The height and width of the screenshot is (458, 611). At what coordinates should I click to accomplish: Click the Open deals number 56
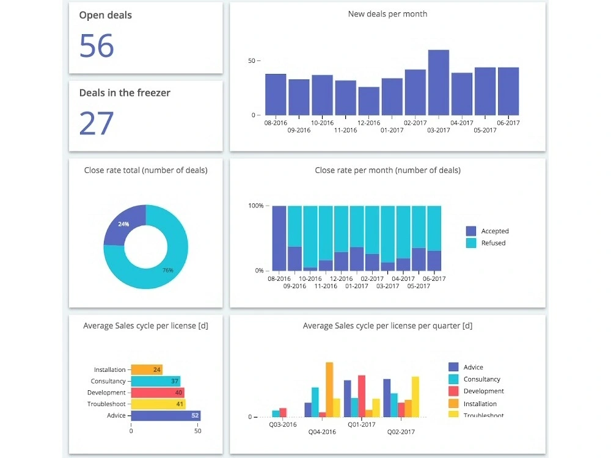click(97, 46)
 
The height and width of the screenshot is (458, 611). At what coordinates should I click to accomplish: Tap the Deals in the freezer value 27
click(97, 123)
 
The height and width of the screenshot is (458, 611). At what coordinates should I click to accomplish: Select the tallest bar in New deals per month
click(439, 82)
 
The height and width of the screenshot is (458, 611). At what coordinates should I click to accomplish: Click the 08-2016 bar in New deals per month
click(276, 95)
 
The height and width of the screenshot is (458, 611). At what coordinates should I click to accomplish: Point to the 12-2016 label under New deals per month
click(368, 123)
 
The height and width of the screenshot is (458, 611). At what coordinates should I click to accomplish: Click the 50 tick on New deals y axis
click(252, 61)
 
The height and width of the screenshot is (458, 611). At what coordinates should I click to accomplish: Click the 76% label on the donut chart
click(167, 270)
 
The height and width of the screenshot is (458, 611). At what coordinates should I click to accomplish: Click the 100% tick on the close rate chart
click(255, 206)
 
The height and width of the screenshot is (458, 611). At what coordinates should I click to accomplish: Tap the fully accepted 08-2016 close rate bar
click(279, 238)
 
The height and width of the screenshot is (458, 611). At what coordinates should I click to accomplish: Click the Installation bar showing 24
click(147, 369)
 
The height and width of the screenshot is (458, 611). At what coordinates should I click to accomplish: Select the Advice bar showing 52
click(166, 415)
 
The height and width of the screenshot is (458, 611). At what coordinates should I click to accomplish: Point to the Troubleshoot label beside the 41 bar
click(106, 404)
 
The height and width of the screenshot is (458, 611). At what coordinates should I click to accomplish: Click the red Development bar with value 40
click(158, 393)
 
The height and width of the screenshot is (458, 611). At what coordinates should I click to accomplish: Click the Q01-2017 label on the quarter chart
click(361, 424)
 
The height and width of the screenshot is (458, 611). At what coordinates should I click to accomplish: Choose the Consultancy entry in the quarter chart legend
click(481, 379)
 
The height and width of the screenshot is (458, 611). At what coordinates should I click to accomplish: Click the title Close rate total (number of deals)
click(145, 170)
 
